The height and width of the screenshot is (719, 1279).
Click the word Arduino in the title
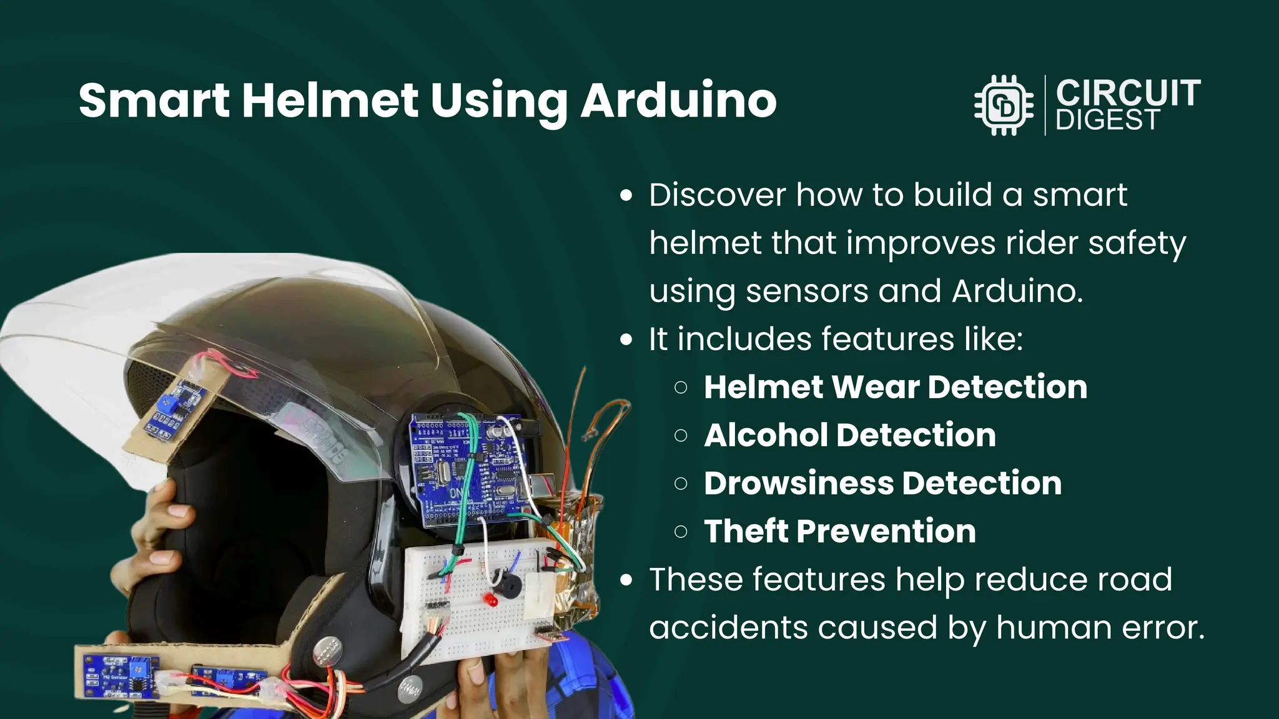point(679,100)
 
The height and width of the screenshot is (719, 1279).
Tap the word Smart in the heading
point(154,100)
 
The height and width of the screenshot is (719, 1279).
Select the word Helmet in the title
point(330,100)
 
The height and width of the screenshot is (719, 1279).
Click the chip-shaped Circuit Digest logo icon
point(1004,105)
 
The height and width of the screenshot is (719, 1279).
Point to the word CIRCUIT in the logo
point(1128,93)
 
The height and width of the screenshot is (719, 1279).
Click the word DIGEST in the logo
point(1108,120)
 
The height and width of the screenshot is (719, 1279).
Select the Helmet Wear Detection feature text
point(896,387)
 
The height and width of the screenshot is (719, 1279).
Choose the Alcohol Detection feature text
point(850,435)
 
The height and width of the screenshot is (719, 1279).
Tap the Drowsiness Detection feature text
point(882,483)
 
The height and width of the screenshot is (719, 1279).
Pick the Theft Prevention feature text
point(840,531)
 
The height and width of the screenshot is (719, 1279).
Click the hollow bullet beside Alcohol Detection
point(681,436)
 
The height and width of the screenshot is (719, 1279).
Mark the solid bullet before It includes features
point(626,340)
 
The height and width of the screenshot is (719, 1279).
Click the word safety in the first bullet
point(1137,243)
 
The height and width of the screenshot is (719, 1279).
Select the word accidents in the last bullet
point(728,627)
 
